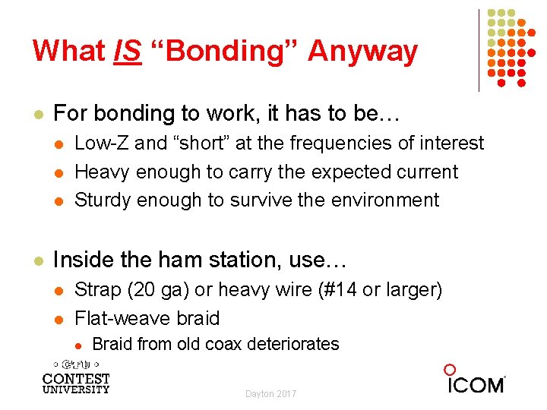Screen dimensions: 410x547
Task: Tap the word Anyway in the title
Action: (x=362, y=52)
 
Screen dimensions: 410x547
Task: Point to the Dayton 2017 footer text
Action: (x=271, y=393)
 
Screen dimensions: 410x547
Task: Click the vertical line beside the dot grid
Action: (x=479, y=50)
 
